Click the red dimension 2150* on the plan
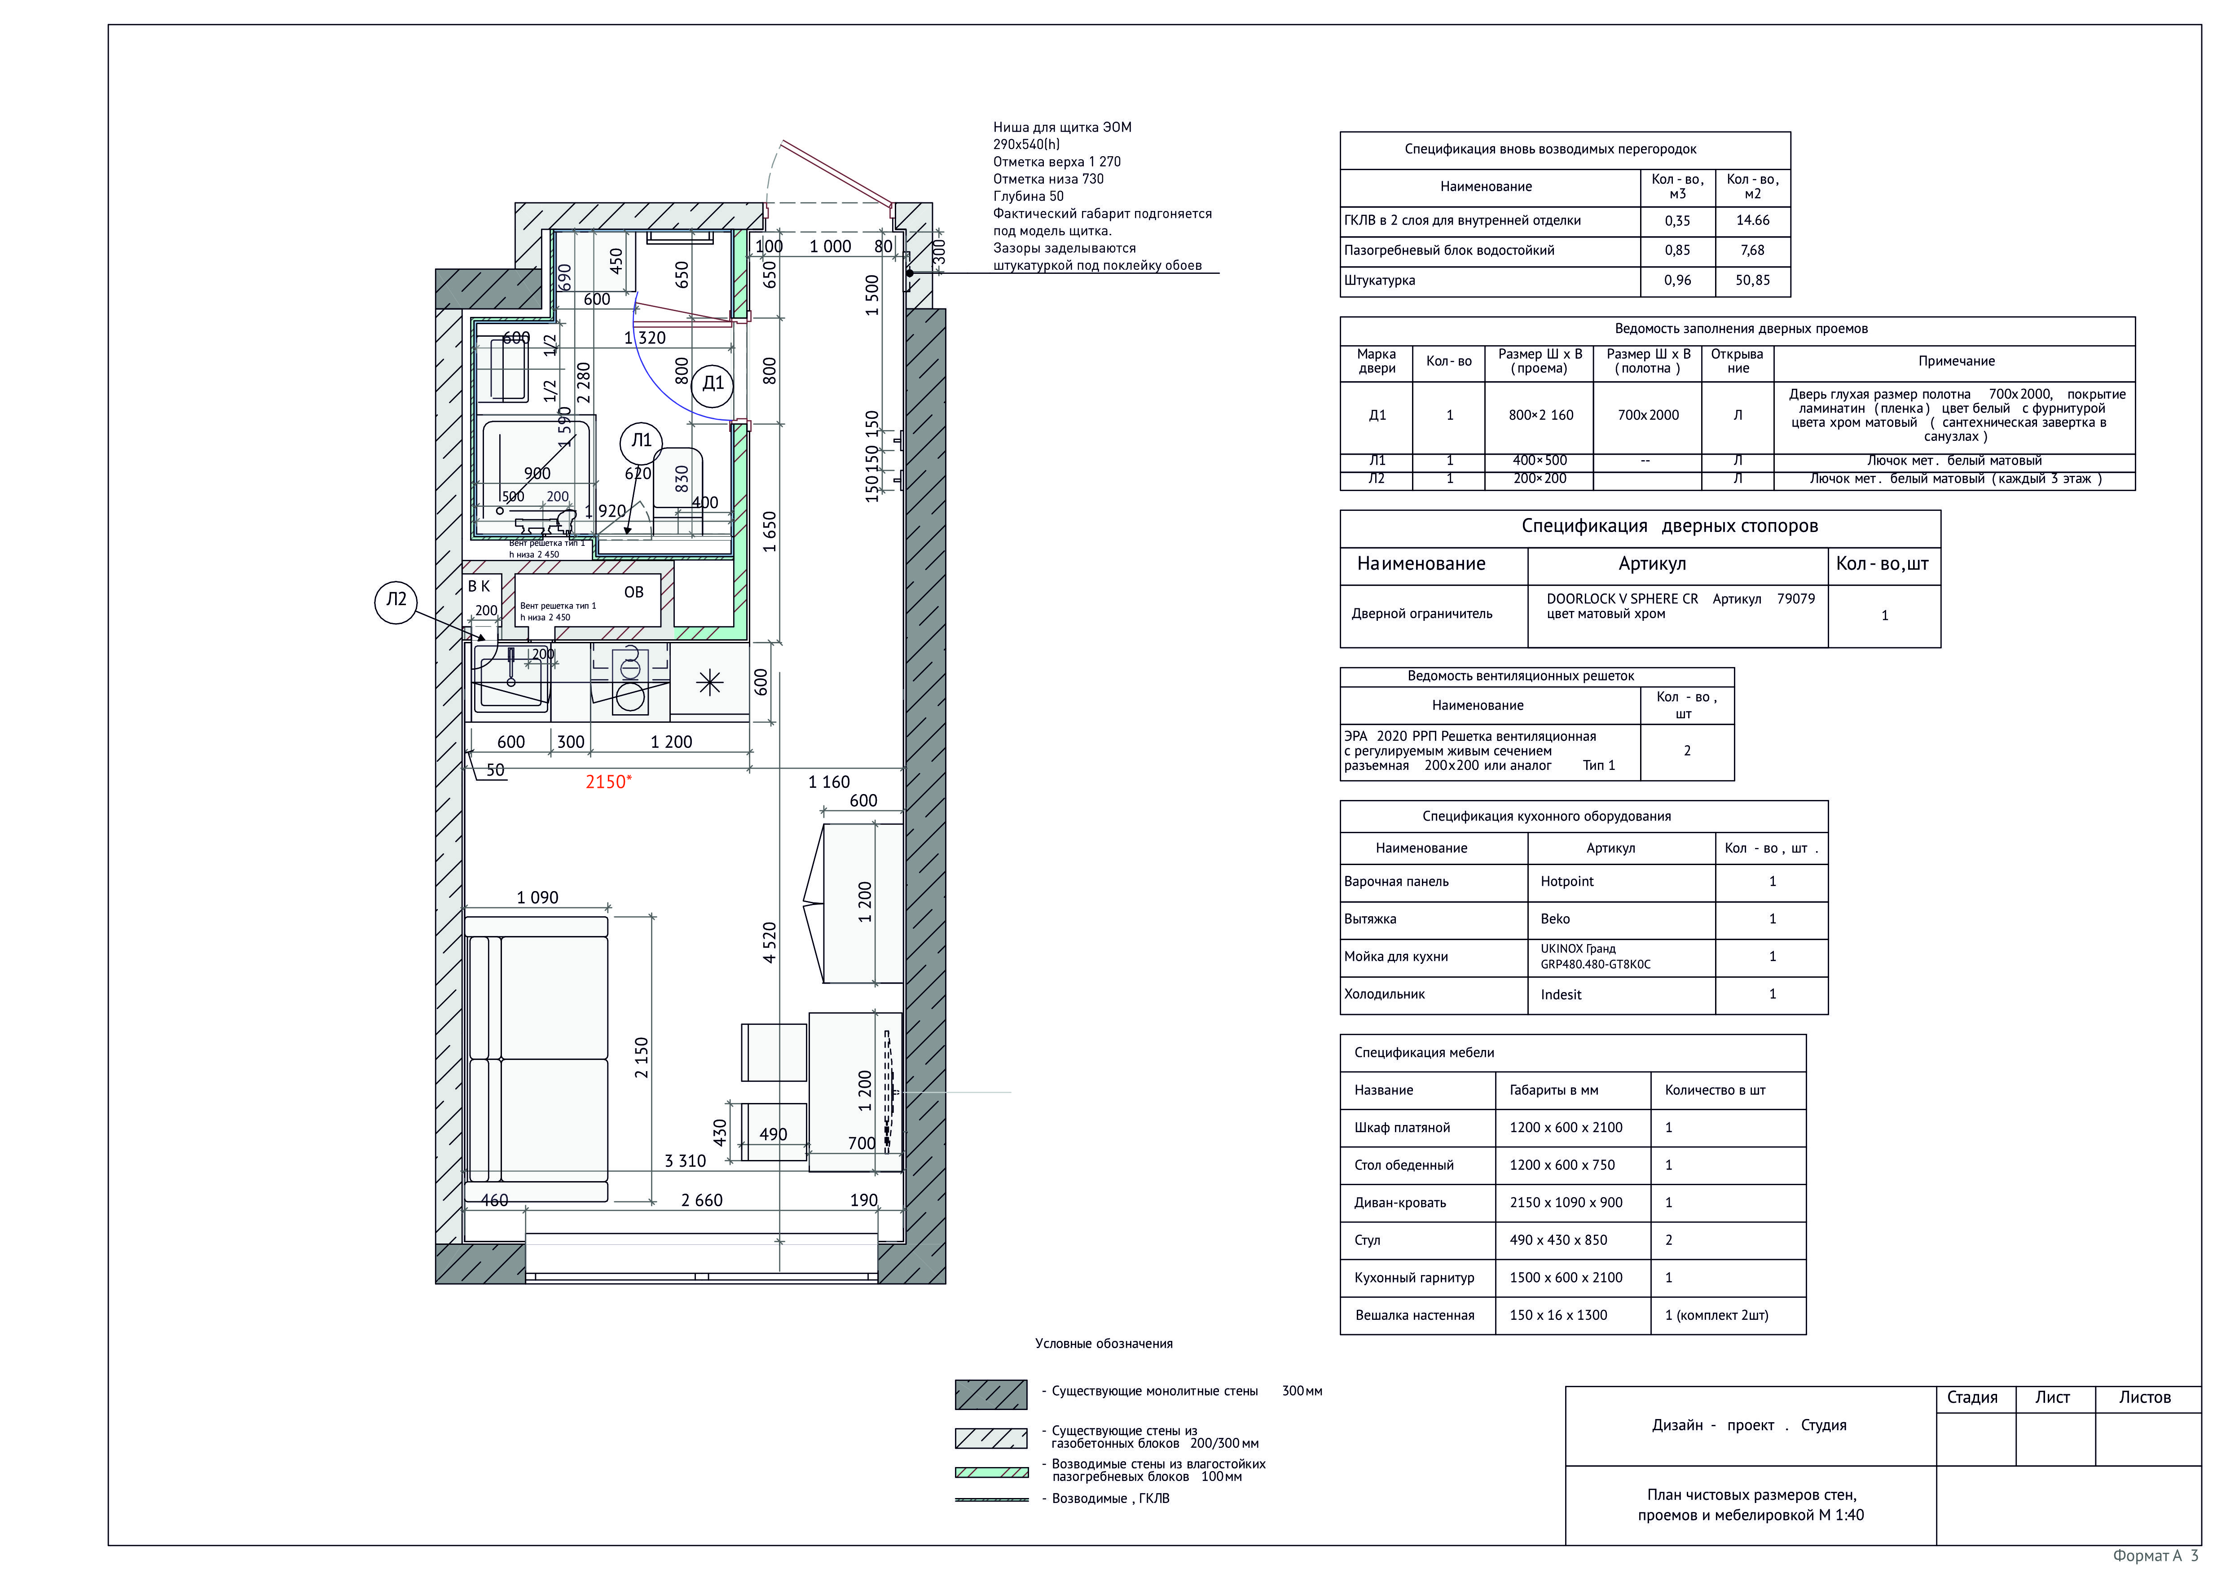tap(608, 782)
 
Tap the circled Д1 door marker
tap(713, 383)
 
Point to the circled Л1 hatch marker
tap(641, 441)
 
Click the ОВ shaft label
tap(633, 592)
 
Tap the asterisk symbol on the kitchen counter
tap(710, 683)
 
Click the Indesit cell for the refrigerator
tap(1561, 994)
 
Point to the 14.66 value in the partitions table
tap(1753, 220)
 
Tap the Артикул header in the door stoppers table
tap(1652, 564)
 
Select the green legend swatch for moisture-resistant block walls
tap(992, 1472)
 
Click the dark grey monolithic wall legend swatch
tap(991, 1395)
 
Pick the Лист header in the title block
tap(2052, 1397)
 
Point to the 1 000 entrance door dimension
tap(830, 246)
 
